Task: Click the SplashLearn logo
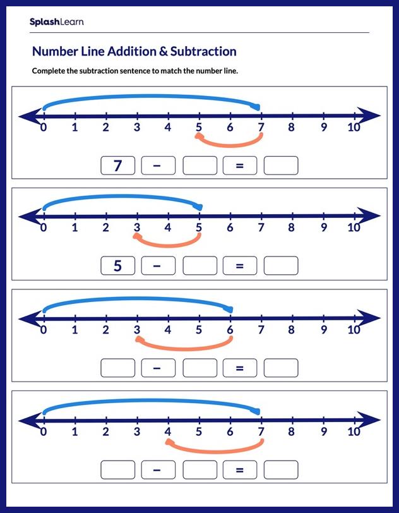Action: [x=56, y=22]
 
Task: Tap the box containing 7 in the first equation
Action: [x=117, y=166]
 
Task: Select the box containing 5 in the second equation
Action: [x=117, y=266]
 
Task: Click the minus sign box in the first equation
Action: [x=158, y=166]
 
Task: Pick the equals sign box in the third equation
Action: [x=240, y=367]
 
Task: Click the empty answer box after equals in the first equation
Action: [x=280, y=166]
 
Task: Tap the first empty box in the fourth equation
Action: [x=117, y=469]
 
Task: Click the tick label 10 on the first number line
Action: [x=354, y=128]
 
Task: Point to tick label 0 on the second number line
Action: [x=43, y=228]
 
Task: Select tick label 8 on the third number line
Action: [x=292, y=330]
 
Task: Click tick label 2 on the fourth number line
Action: [x=105, y=432]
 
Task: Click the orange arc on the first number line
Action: [x=229, y=144]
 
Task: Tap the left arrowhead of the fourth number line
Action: [x=27, y=420]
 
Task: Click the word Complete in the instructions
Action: [x=50, y=71]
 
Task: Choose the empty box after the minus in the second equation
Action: [x=199, y=266]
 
